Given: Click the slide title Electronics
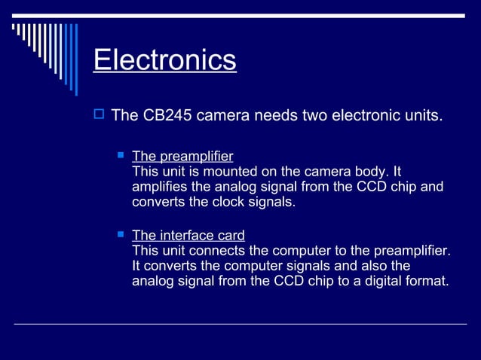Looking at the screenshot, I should [164, 60].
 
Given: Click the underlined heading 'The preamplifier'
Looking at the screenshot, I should [182, 157].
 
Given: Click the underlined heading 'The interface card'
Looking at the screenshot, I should [188, 236].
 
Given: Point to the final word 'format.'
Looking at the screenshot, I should [427, 282].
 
